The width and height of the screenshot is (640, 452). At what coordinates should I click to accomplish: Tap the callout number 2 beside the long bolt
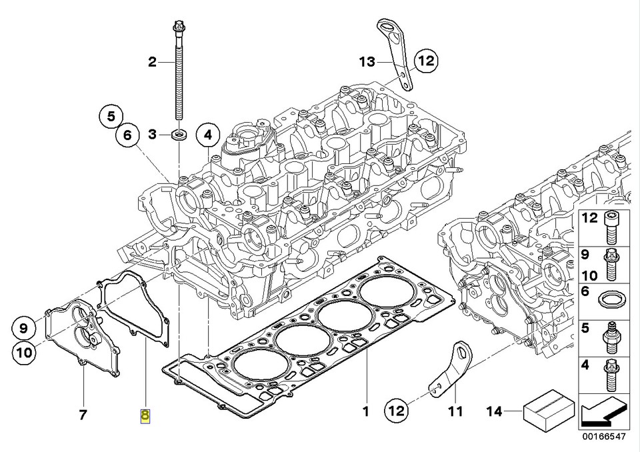152,63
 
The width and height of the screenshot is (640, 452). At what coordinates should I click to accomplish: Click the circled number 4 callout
208,135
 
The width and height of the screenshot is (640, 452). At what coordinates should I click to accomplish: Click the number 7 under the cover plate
83,415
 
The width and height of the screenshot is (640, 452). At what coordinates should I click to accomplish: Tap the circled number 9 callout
23,327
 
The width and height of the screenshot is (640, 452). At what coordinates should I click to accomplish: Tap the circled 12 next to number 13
426,62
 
